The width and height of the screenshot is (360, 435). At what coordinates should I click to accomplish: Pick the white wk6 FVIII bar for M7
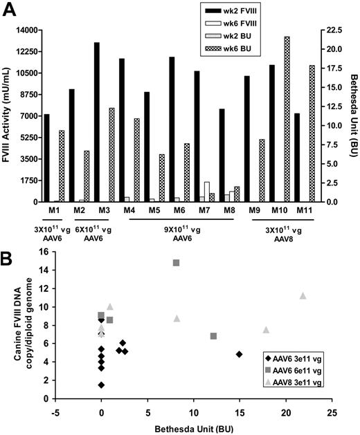click(207, 192)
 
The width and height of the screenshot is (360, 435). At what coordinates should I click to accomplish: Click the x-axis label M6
click(179, 210)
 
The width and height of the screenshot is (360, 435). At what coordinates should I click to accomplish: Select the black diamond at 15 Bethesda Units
click(239, 354)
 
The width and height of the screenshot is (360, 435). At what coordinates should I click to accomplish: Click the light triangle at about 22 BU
click(303, 296)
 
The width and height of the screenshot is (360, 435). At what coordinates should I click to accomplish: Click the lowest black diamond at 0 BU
click(101, 385)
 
